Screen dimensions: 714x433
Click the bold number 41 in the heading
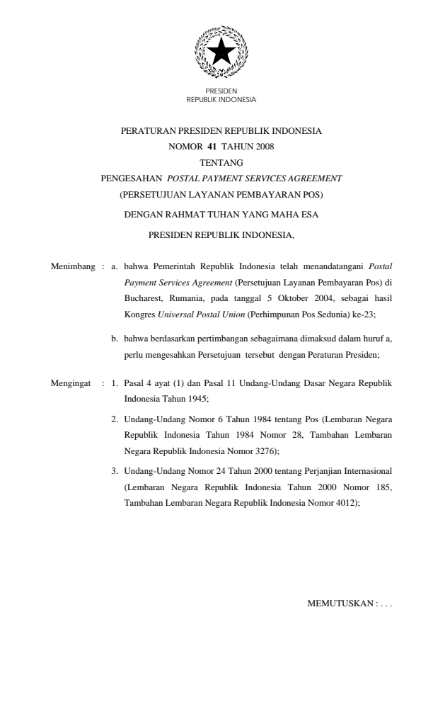(212, 147)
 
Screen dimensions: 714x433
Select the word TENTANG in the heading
(216, 162)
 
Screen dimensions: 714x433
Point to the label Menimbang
(74, 267)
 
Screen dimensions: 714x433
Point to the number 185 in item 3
(379, 487)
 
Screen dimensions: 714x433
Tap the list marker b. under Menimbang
(115, 339)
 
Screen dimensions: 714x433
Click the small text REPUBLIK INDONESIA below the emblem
(221, 100)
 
